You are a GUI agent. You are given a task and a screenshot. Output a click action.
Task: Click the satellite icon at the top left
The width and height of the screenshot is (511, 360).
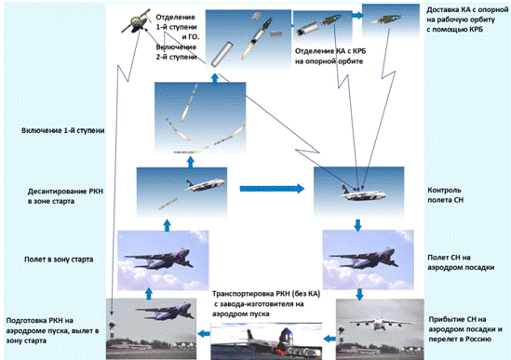[136, 20]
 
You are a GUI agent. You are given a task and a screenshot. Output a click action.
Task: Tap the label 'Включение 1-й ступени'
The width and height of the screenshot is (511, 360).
[63, 130]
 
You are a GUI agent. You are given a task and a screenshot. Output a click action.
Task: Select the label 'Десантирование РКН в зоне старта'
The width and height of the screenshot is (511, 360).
[65, 196]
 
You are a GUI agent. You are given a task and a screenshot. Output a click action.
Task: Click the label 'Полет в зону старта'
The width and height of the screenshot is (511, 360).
[59, 260]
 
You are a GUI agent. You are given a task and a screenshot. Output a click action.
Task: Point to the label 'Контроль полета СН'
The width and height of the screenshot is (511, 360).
[445, 194]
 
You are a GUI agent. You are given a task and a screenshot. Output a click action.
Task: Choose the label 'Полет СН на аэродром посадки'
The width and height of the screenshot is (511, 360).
[461, 262]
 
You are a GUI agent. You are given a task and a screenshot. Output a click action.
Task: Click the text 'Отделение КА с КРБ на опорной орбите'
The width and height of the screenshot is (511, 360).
[330, 56]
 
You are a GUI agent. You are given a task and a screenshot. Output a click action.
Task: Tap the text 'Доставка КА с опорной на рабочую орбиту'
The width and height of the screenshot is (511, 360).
[467, 15]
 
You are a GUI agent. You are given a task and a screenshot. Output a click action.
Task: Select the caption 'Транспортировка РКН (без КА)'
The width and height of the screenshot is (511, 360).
[266, 294]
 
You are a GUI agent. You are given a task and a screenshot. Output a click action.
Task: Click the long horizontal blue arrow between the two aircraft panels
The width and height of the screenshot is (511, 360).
[272, 189]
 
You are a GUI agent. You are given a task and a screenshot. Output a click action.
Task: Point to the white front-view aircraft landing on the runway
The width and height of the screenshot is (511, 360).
[380, 323]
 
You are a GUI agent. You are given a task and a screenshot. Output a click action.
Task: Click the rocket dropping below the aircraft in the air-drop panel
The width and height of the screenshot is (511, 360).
[168, 204]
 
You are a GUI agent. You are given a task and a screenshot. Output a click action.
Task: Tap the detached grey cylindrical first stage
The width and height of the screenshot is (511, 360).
[222, 54]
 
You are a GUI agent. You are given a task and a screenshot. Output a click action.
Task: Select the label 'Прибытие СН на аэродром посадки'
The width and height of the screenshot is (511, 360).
[465, 324]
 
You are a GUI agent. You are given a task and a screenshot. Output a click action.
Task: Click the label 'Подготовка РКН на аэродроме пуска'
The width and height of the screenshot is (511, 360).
[52, 326]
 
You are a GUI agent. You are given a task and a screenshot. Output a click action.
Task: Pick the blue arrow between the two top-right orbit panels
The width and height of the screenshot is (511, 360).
[357, 15]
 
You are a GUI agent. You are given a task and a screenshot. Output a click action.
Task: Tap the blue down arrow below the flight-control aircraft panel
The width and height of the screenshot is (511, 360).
[357, 225]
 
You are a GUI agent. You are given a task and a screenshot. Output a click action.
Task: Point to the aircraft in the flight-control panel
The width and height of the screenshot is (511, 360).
[363, 193]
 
